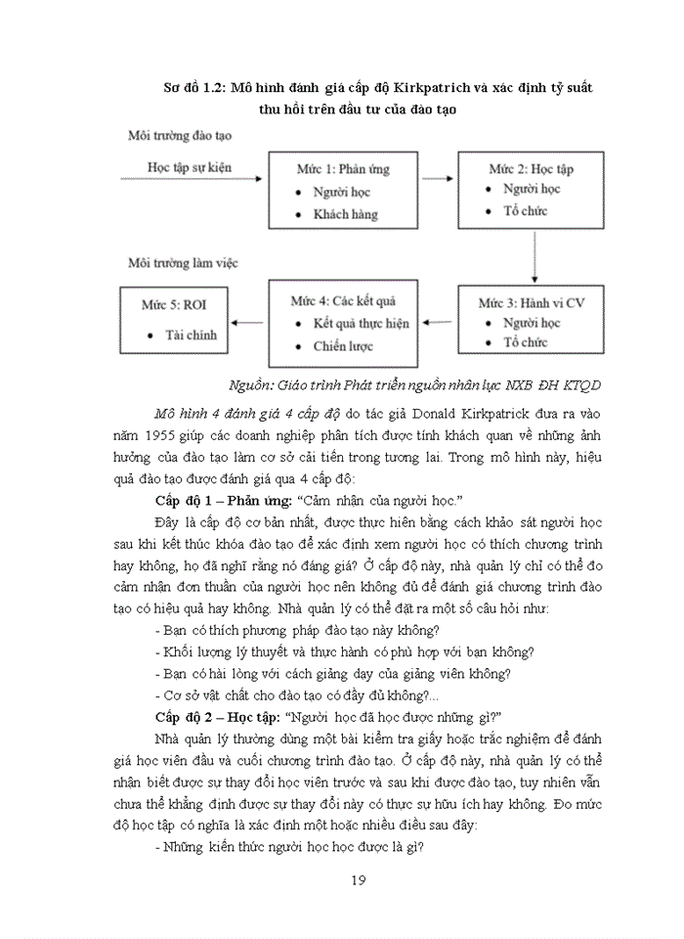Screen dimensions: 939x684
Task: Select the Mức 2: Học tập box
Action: [531, 190]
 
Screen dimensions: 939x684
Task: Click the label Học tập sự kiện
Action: [190, 167]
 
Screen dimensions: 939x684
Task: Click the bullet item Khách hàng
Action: [345, 214]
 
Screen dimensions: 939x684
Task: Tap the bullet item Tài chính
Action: [191, 335]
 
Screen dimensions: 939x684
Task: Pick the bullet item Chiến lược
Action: [343, 345]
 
